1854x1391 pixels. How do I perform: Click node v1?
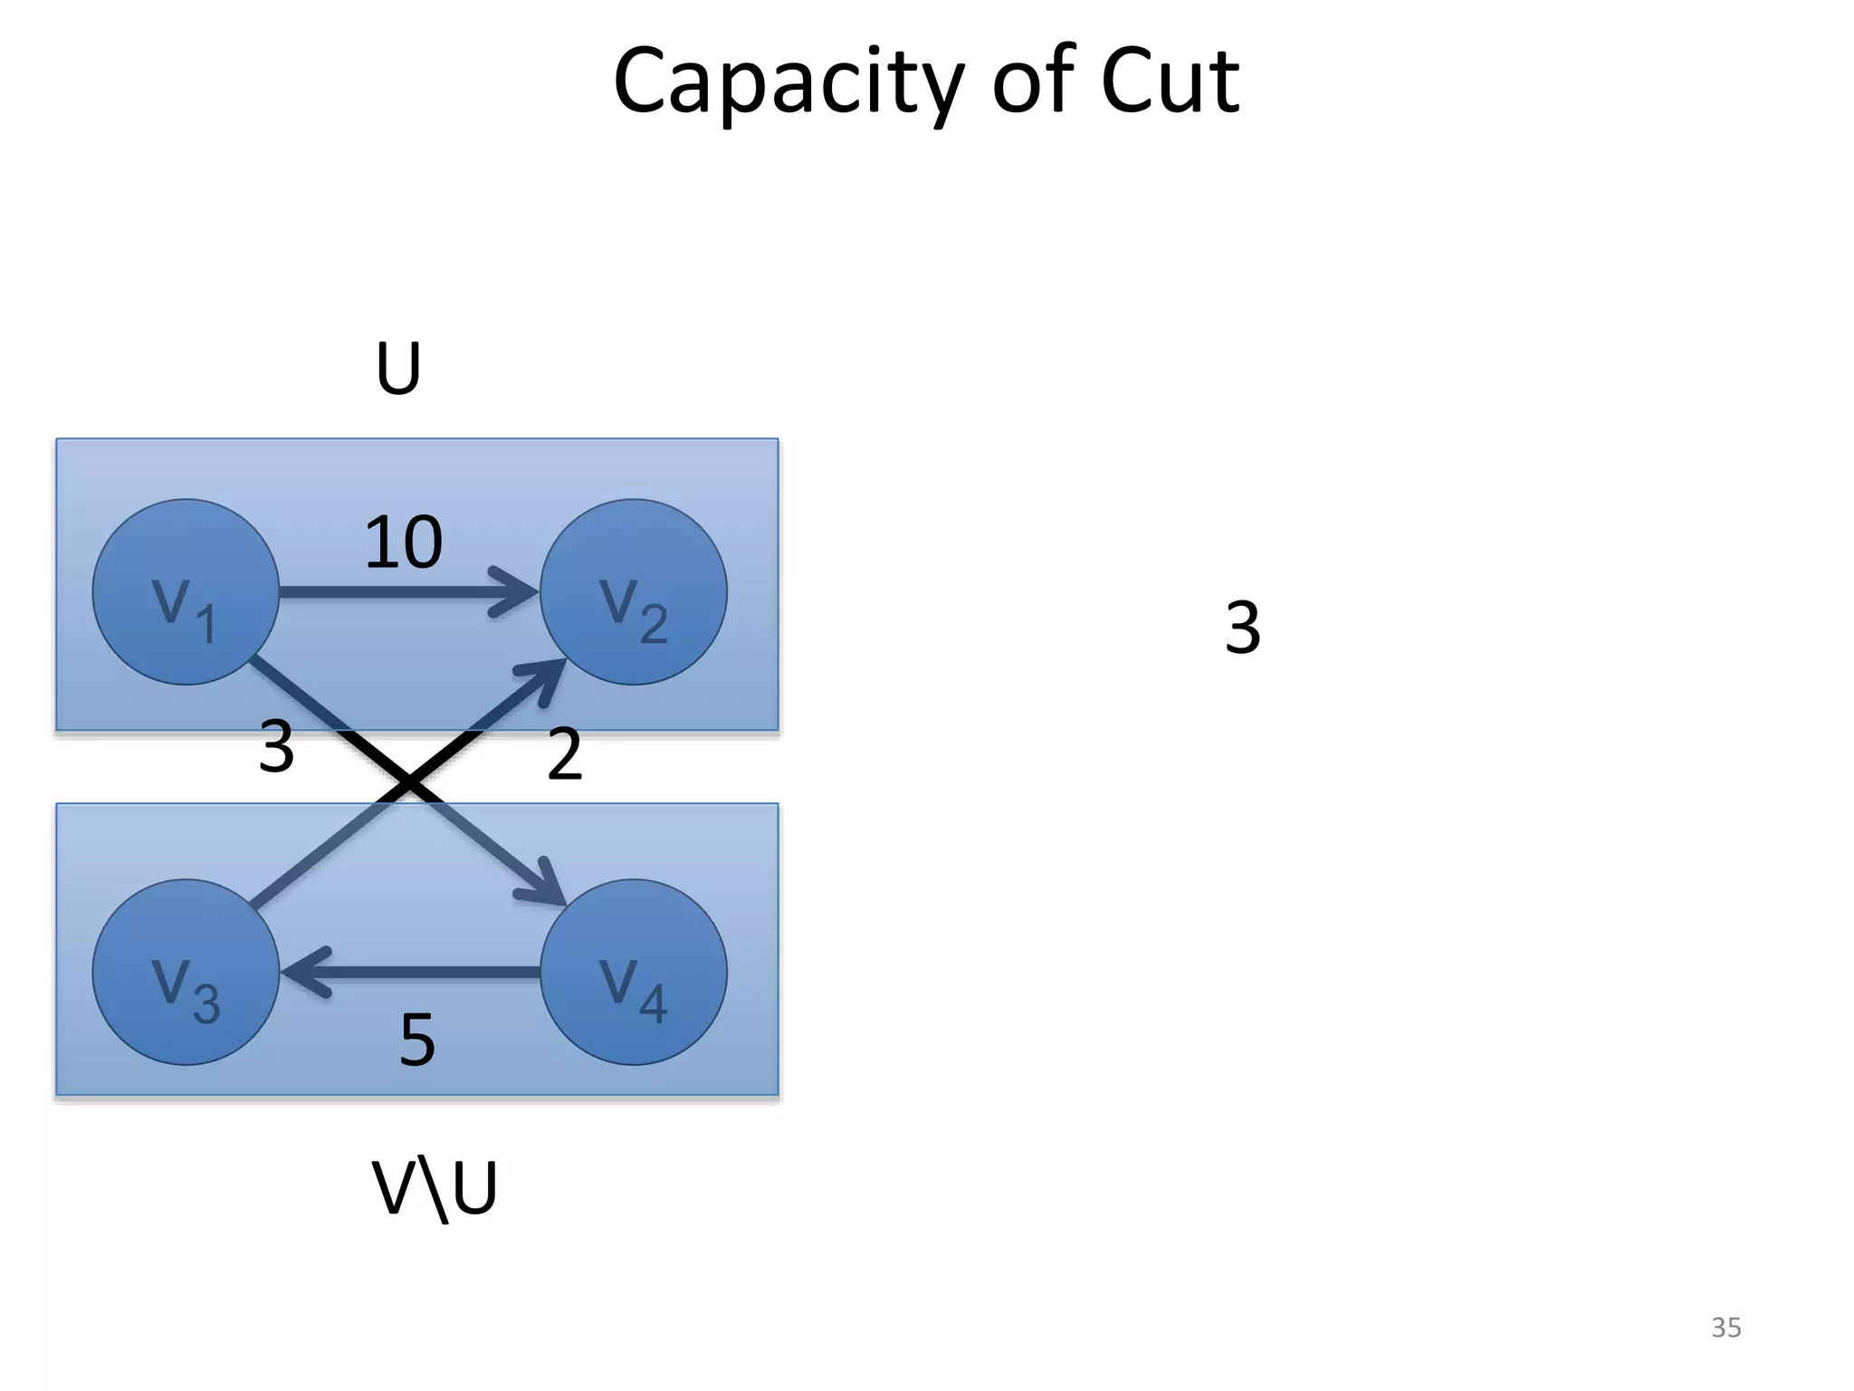click(186, 592)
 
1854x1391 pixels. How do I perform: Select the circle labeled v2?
click(634, 592)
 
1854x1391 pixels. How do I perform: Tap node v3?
click(186, 972)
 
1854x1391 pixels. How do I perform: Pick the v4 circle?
click(634, 972)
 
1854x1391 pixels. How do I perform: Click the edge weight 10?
click(403, 542)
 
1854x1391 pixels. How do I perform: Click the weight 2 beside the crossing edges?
click(564, 754)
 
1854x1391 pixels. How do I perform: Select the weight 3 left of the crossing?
click(276, 747)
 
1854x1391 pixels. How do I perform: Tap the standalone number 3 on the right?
click(1242, 627)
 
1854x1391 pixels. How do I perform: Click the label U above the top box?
click(398, 369)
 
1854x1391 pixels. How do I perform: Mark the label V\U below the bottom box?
click(435, 1188)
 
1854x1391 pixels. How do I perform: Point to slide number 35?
click(1725, 1328)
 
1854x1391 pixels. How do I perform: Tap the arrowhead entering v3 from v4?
click(303, 973)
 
